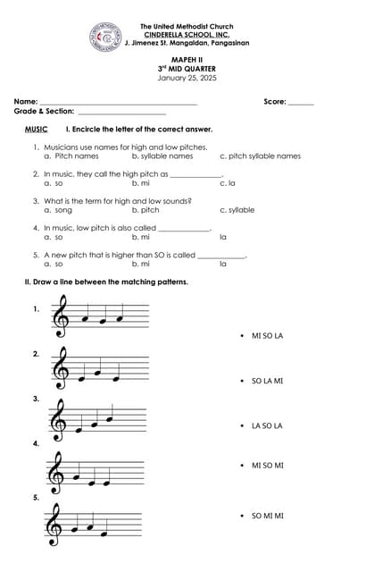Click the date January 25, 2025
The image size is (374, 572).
(187, 78)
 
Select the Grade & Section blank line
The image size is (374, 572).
(122, 114)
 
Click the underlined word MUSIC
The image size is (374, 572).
(37, 130)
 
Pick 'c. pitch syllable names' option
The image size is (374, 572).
(260, 156)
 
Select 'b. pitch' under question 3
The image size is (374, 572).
(145, 210)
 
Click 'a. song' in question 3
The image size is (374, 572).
(57, 210)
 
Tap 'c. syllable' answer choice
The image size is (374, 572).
(237, 210)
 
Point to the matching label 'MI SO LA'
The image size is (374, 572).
(267, 336)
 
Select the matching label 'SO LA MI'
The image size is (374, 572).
(267, 381)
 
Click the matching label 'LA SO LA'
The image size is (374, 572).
(267, 425)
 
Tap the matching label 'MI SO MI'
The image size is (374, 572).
(267, 466)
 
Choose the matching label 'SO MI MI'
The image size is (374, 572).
(267, 516)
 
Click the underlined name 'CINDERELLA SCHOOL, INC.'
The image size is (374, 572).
(187, 35)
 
